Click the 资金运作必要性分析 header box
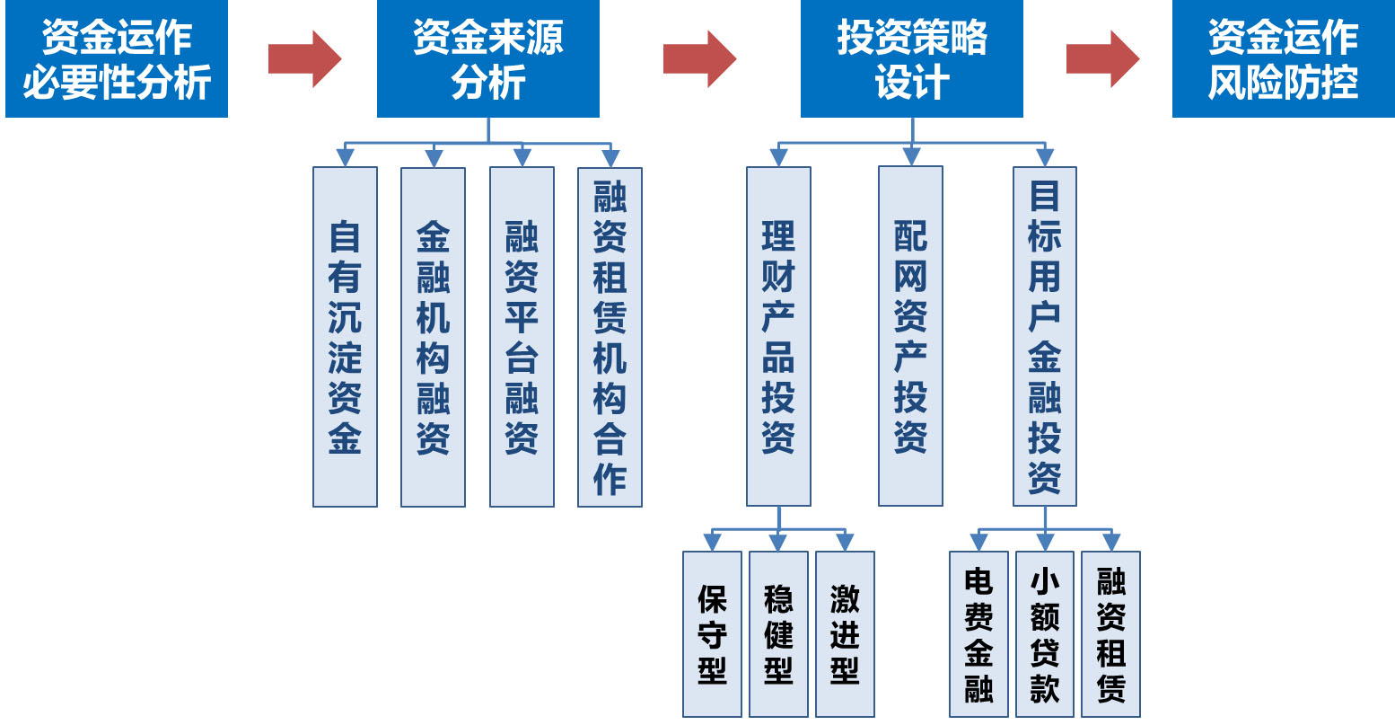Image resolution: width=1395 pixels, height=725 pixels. (117, 59)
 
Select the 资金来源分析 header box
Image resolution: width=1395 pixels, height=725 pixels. (487, 59)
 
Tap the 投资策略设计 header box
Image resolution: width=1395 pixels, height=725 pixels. (911, 59)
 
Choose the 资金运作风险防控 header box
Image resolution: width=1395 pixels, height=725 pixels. (1283, 59)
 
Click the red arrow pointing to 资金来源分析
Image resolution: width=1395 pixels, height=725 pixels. (304, 59)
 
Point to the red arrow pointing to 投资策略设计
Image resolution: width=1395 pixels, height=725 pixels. (699, 59)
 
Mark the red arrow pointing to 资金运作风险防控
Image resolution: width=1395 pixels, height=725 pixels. (1102, 59)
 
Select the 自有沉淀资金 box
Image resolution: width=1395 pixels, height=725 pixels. (345, 337)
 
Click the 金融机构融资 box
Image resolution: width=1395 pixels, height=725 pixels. (433, 337)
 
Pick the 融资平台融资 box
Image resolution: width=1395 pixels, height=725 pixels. (522, 337)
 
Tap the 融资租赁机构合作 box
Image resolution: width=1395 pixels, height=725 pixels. (610, 337)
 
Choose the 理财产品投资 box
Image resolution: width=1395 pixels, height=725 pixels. (778, 337)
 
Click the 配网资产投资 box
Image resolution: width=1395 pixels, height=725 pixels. (910, 337)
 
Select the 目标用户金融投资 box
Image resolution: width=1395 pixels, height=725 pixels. (1044, 337)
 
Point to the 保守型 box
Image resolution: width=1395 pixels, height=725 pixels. (712, 634)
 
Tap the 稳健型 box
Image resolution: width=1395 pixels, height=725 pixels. (778, 634)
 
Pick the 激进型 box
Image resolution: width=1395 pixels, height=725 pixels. (845, 634)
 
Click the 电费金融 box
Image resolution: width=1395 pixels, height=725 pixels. (978, 634)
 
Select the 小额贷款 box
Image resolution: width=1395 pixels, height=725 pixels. (1045, 634)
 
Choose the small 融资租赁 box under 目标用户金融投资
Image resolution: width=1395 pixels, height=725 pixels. (1110, 634)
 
